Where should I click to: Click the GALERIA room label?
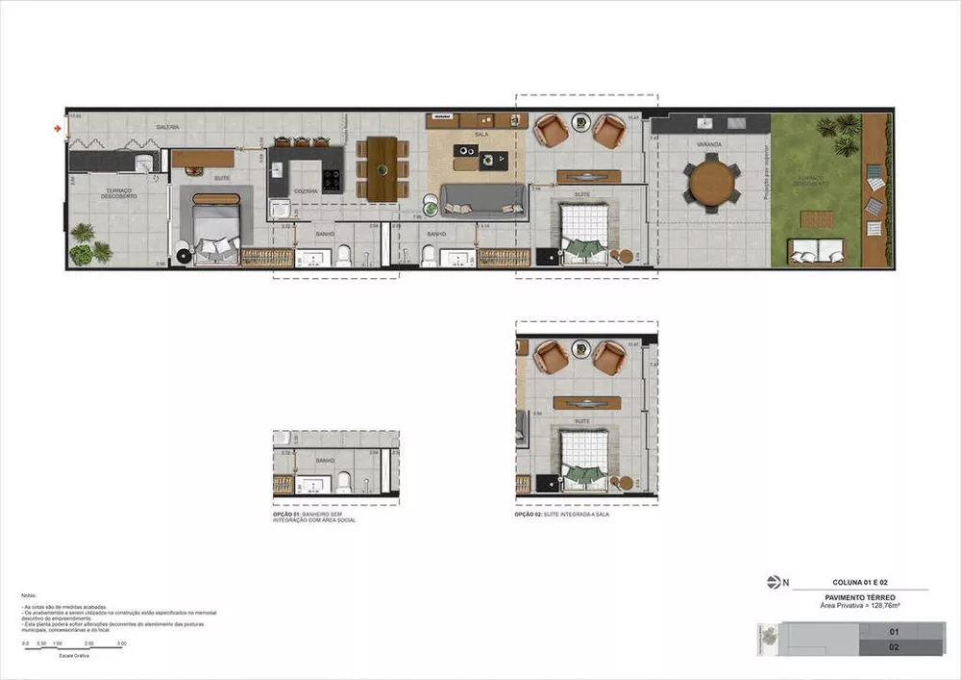[169, 127]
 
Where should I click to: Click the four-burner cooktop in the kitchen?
[332, 180]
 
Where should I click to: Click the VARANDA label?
[711, 145]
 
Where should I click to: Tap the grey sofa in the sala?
[483, 200]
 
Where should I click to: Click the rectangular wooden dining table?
[382, 168]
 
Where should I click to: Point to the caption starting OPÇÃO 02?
[562, 515]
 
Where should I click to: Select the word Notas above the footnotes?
[28, 595]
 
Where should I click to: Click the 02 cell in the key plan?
[893, 647]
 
